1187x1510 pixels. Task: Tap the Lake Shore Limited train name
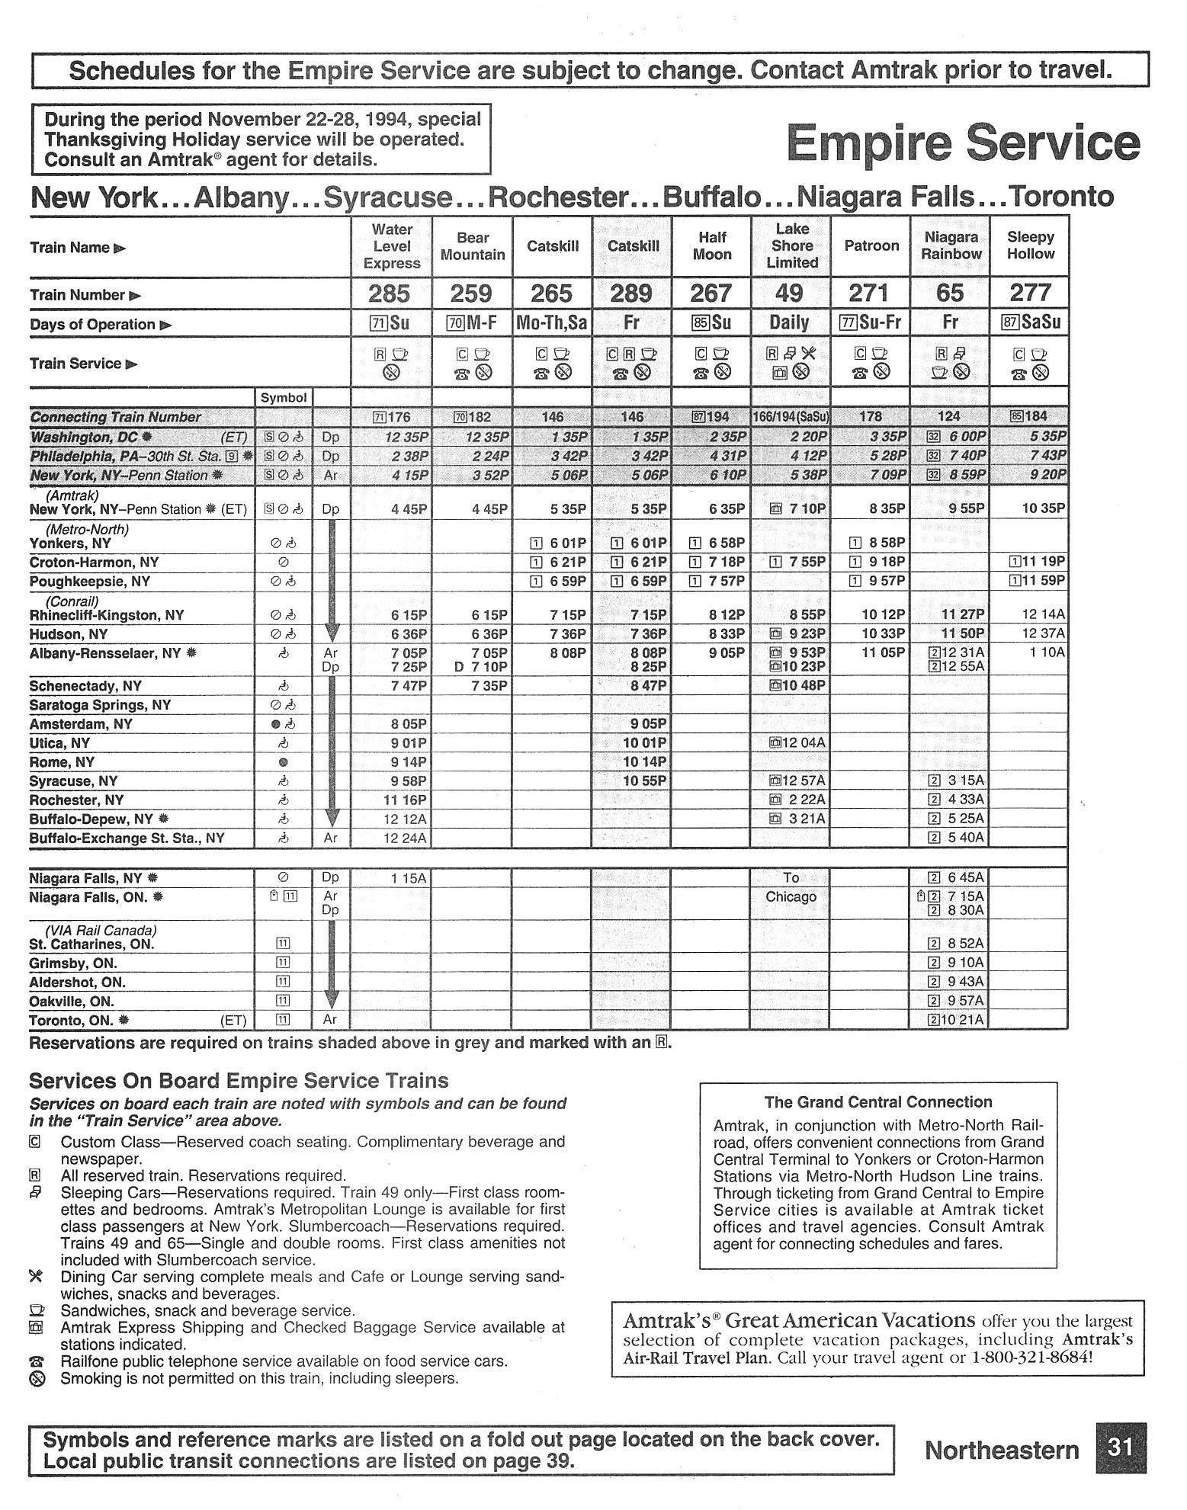click(791, 245)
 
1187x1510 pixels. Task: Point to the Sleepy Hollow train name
click(1030, 245)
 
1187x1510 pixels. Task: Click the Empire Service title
click(963, 143)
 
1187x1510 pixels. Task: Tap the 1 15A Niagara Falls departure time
click(409, 878)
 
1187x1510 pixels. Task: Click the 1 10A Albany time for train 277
click(1045, 652)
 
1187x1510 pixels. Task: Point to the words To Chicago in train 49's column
click(791, 887)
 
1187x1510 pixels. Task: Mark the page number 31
click(1120, 1448)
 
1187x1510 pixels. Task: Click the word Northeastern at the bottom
click(1002, 1450)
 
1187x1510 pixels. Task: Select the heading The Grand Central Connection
click(878, 1102)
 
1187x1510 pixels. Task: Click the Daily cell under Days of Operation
click(791, 322)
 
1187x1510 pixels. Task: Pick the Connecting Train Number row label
click(115, 417)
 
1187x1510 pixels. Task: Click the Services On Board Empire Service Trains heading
click(239, 1081)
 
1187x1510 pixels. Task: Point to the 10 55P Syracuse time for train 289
click(645, 781)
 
